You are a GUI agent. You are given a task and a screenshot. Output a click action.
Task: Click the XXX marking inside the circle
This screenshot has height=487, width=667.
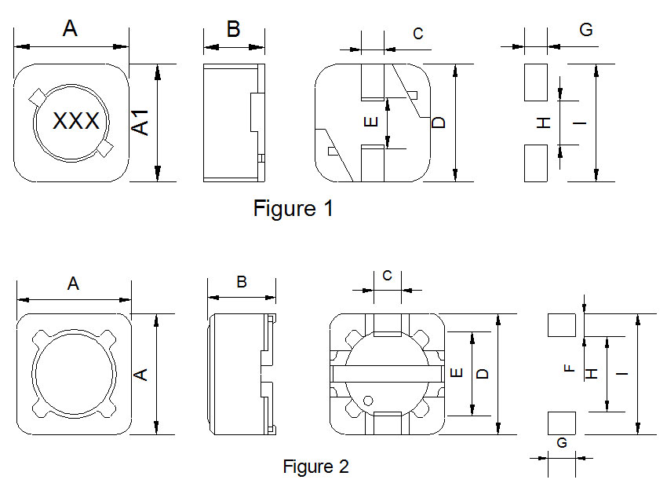[x=76, y=122]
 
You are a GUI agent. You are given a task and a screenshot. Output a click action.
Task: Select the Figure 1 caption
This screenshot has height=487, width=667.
[x=293, y=209]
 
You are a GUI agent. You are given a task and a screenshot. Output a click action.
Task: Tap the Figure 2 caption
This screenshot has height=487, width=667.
[x=315, y=466]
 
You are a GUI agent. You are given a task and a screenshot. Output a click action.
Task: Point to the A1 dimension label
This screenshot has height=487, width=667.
[x=140, y=122]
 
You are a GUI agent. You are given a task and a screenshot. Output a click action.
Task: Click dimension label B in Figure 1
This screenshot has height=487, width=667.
[x=233, y=30]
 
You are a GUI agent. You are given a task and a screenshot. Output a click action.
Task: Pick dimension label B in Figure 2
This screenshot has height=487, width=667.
[x=242, y=283]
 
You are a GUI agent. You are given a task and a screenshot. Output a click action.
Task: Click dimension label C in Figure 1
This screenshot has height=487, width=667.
[x=418, y=33]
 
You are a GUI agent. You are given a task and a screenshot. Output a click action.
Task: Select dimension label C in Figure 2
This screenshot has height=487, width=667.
[x=387, y=276]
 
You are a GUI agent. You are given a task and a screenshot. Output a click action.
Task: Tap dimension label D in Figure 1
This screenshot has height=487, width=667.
[x=439, y=123]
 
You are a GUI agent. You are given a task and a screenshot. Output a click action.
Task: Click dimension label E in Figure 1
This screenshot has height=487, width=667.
[x=373, y=122]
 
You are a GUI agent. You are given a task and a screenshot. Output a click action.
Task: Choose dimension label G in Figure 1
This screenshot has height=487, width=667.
[x=585, y=30]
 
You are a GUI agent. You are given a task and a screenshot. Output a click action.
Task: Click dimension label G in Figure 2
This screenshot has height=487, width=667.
[x=562, y=443]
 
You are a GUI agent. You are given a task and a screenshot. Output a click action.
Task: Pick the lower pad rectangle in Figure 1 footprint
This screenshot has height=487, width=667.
[x=536, y=163]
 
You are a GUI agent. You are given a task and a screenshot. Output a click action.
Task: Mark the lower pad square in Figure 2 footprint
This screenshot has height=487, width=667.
[x=561, y=423]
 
